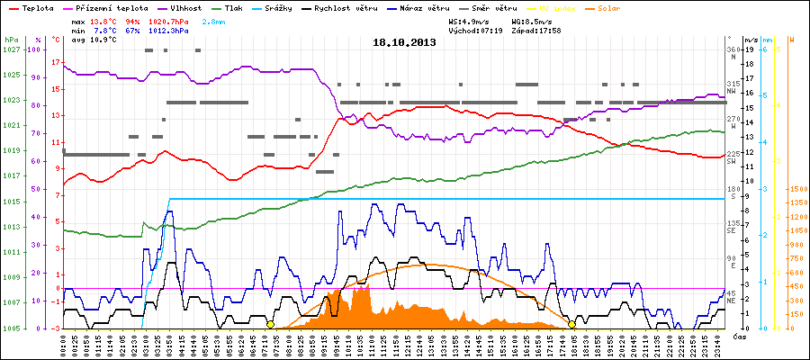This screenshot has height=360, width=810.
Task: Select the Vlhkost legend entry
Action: point(182,8)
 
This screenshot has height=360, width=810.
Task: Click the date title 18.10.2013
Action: point(403,42)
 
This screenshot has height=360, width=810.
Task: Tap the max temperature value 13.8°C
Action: point(106,19)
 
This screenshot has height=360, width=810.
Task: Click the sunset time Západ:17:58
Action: point(538,30)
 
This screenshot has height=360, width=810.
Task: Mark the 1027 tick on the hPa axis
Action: point(11,49)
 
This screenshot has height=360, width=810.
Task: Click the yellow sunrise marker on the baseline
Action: point(270,324)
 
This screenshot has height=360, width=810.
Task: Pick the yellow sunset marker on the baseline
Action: point(571,324)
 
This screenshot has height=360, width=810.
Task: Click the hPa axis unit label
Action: point(11,40)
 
